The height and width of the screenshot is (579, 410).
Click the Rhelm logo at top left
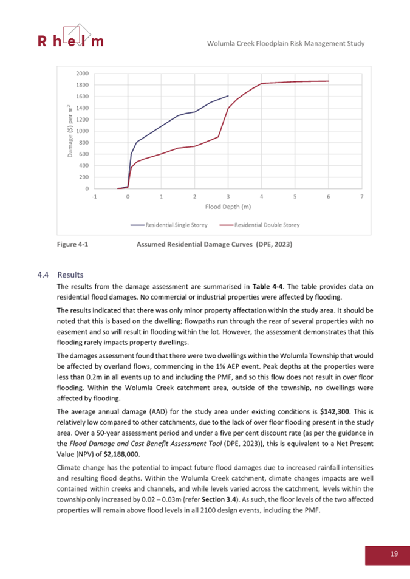coord(70,37)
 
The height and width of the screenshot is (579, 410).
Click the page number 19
coord(394,553)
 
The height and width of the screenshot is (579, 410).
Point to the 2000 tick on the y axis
coord(81,74)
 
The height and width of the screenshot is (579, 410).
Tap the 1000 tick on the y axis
coord(81,131)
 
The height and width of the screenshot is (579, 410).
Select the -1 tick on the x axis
coord(94,197)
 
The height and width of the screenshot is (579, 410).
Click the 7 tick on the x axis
coord(362,197)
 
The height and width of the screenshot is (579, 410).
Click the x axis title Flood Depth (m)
coord(228,207)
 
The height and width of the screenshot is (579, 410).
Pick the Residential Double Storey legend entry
coord(259,225)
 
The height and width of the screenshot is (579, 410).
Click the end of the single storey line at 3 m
coord(228,96)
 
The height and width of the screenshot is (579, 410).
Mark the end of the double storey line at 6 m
coord(328,81)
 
